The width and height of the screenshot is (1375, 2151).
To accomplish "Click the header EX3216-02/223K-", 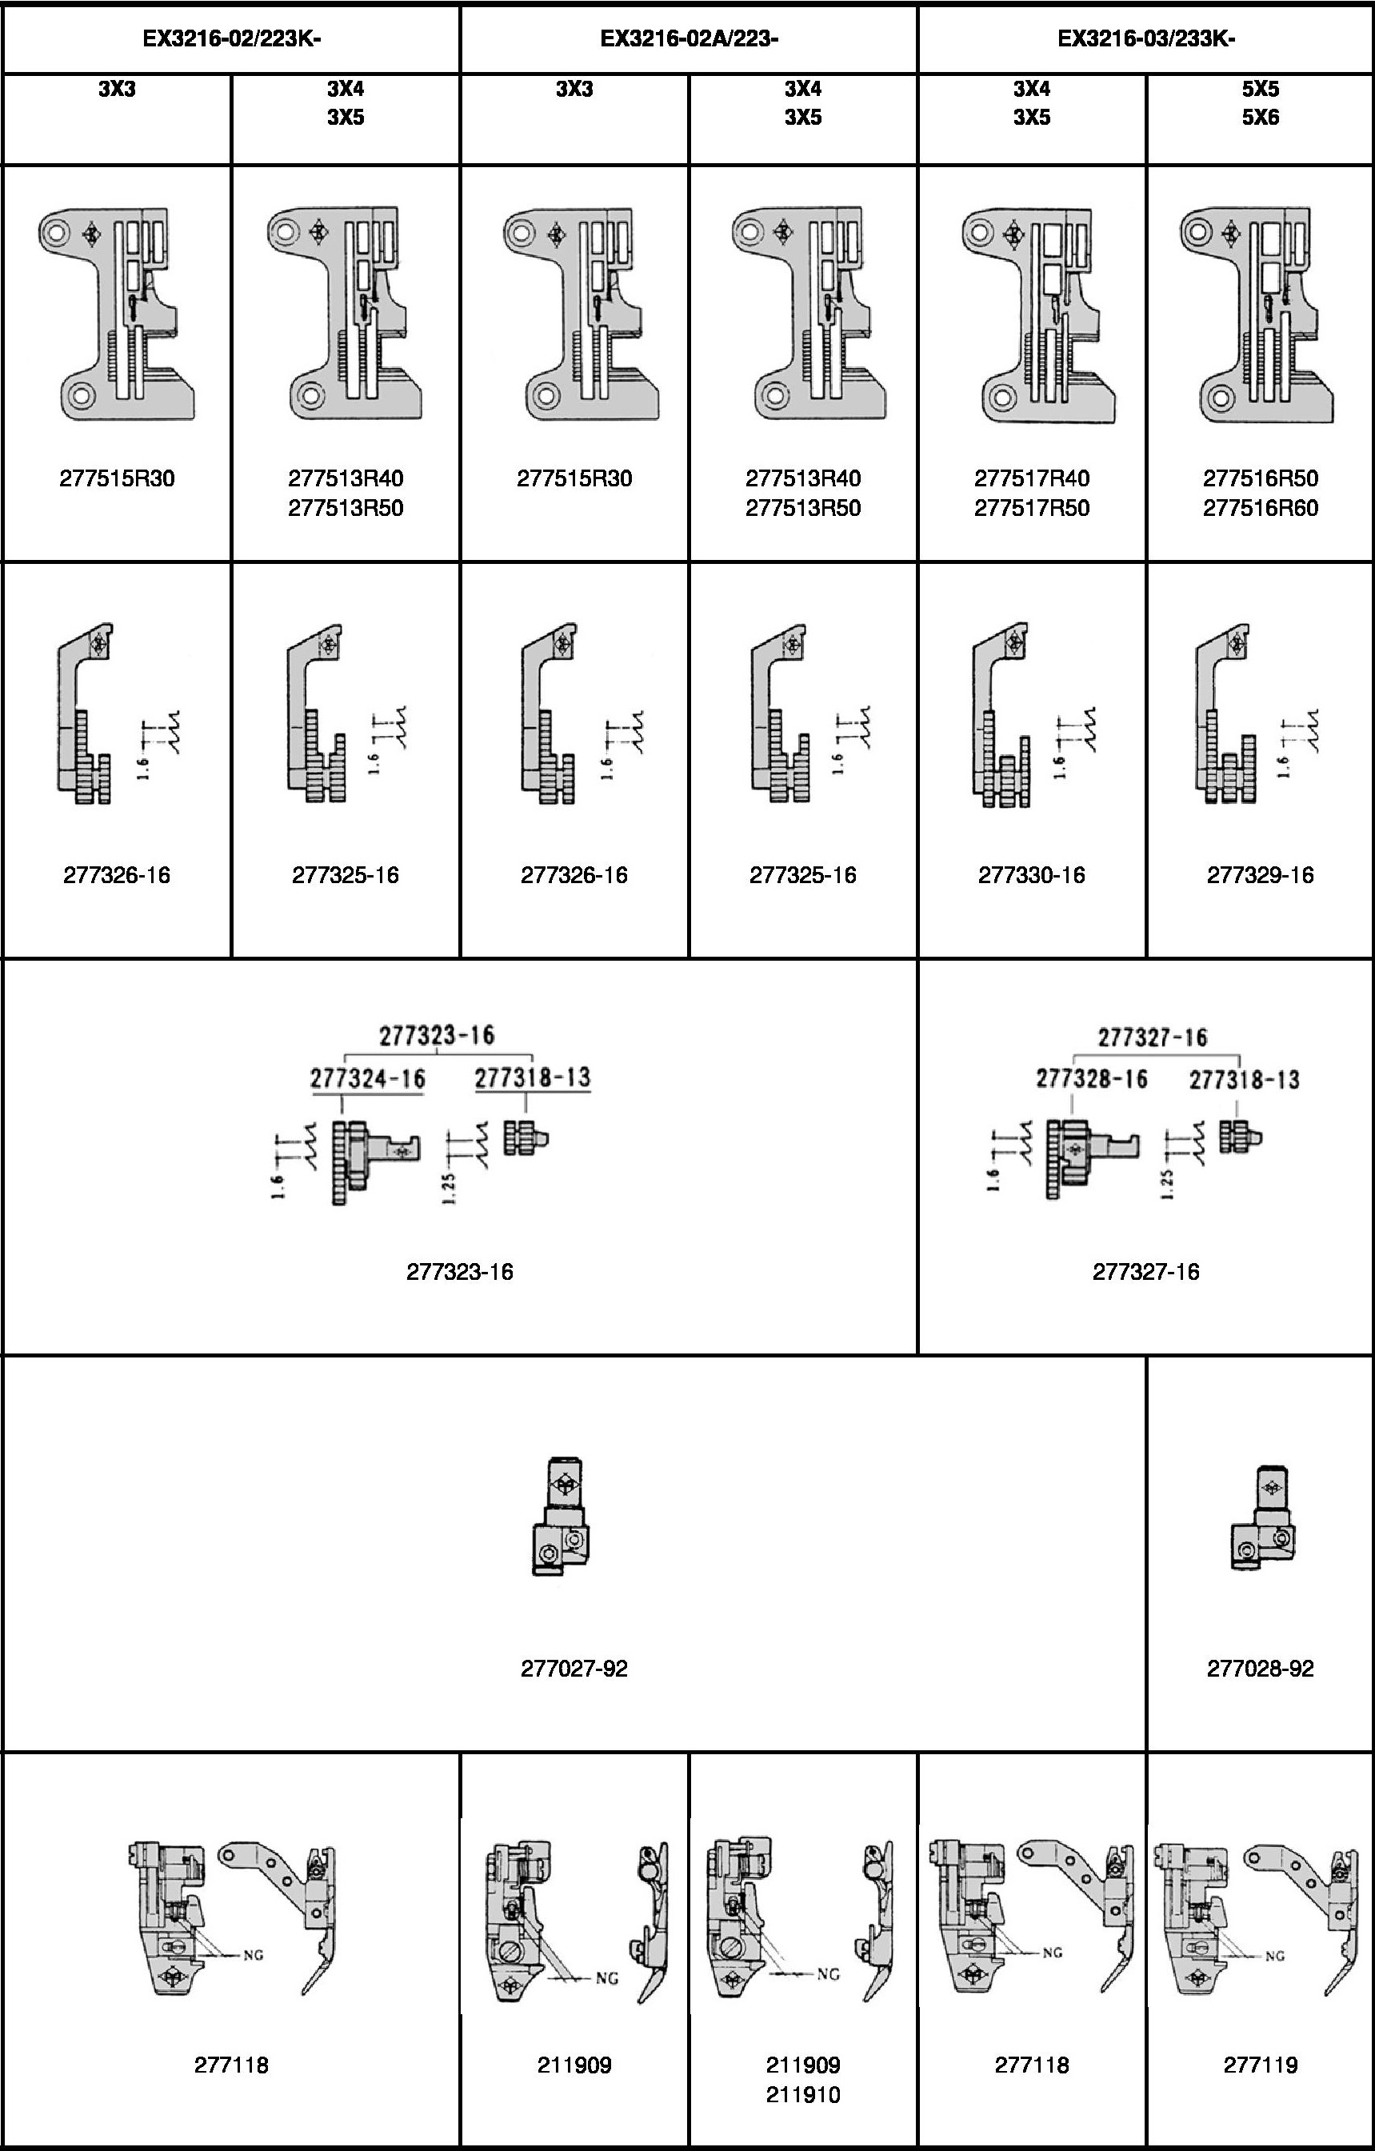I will [x=231, y=38].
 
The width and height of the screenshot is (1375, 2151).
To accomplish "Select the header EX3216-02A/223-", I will [x=689, y=38].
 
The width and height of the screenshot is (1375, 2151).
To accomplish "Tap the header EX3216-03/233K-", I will [x=1146, y=38].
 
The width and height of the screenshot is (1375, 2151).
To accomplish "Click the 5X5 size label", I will [x=1260, y=89].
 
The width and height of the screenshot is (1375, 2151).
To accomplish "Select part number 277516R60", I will [x=1260, y=508].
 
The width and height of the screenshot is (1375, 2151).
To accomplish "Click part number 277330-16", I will [x=1031, y=874].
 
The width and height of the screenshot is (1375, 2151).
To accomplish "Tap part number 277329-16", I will [x=1260, y=874].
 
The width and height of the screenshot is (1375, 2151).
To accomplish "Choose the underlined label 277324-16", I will [x=367, y=1078].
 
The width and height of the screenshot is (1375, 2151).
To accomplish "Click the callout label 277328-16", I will [x=1091, y=1078].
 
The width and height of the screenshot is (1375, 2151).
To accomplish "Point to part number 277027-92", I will [x=574, y=1669].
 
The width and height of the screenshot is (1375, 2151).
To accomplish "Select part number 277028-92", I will [x=1260, y=1669].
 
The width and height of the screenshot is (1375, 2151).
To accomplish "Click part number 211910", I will [x=802, y=2095].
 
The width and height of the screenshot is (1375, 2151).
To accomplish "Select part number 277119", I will [x=1260, y=2065].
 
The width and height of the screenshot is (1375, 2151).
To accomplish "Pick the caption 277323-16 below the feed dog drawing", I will [x=459, y=1271].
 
